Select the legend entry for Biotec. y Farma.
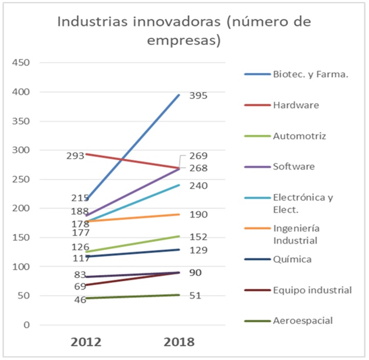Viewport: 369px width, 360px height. click(311, 75)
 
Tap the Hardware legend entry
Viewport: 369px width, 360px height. click(296, 105)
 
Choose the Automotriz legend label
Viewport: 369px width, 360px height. click(299, 136)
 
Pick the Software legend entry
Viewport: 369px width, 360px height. click(294, 167)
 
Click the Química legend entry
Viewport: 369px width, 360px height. click(292, 259)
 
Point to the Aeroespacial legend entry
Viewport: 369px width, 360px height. click(303, 321)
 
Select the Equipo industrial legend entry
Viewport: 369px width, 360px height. click(312, 290)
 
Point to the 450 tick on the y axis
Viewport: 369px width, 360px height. click(22, 63)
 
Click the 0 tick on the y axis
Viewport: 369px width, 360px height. click(28, 325)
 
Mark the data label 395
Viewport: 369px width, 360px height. click(198, 96)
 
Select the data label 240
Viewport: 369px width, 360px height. click(198, 186)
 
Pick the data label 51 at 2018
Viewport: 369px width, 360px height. click(195, 296)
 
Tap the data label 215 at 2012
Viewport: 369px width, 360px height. click(80, 198)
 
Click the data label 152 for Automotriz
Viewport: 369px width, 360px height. click(198, 237)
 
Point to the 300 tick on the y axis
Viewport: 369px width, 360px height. click(22, 150)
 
